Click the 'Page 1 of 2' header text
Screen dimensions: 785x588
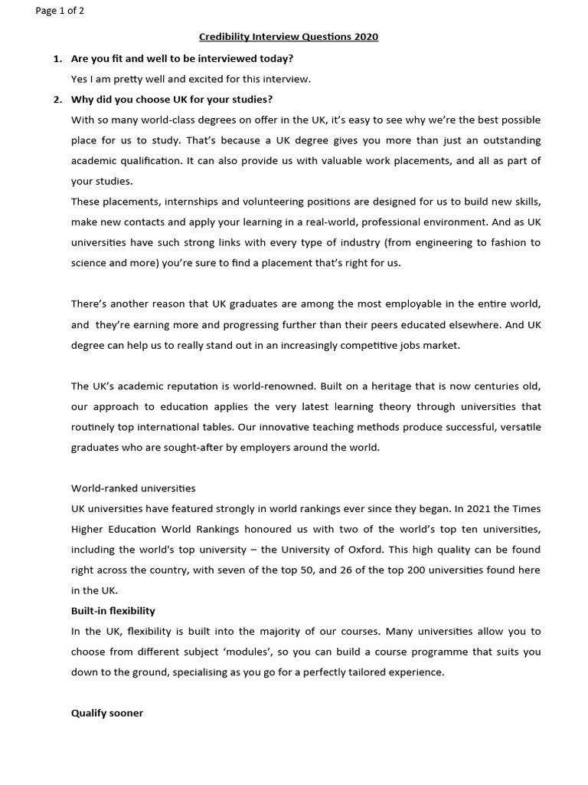(60, 11)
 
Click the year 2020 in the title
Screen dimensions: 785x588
(365, 37)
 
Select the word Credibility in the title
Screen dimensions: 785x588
(225, 37)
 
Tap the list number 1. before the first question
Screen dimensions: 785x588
(57, 58)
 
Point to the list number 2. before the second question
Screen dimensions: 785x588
(57, 100)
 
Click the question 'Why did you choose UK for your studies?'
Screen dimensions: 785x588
(171, 100)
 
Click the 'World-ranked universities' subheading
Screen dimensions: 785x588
(133, 488)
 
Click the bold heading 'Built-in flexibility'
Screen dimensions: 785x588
(113, 611)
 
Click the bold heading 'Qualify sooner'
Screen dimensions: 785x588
(107, 713)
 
